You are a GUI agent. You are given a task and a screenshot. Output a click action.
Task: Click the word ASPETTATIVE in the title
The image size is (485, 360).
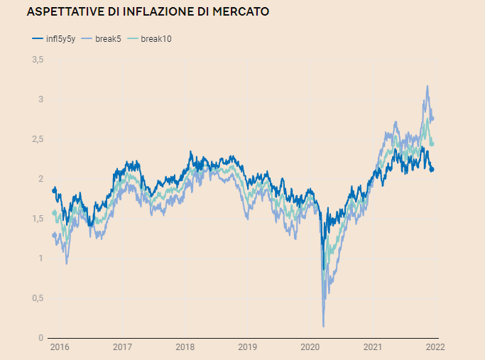(62, 12)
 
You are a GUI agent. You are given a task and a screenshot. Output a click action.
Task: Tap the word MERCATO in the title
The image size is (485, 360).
(237, 12)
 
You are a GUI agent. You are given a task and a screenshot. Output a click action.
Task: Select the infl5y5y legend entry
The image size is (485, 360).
(56, 38)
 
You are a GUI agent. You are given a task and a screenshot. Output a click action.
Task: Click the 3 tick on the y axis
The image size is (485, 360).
(41, 99)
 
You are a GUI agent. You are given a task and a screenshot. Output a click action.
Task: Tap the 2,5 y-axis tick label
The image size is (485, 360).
(38, 139)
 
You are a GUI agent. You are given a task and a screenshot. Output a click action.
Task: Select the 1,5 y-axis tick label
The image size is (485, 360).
(38, 219)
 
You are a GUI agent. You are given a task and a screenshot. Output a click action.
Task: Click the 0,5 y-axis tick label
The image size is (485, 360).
(38, 298)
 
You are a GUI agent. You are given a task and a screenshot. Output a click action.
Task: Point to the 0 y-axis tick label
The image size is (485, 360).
(41, 338)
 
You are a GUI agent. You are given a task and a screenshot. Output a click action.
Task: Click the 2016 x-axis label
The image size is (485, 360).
(60, 348)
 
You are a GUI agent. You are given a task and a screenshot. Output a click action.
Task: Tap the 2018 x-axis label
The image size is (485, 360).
(185, 348)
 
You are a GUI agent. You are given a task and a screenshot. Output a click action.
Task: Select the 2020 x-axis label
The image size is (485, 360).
(310, 348)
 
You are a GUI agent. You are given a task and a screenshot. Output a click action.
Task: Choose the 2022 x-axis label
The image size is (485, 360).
(435, 348)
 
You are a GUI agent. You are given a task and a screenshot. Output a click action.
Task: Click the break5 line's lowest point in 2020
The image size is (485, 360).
(323, 326)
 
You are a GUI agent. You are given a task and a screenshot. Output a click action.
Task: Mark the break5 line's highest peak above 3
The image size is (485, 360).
(427, 86)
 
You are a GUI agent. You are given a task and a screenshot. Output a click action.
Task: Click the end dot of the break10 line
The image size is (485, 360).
(432, 144)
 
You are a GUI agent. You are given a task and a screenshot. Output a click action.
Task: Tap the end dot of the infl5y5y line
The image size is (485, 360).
(432, 169)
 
